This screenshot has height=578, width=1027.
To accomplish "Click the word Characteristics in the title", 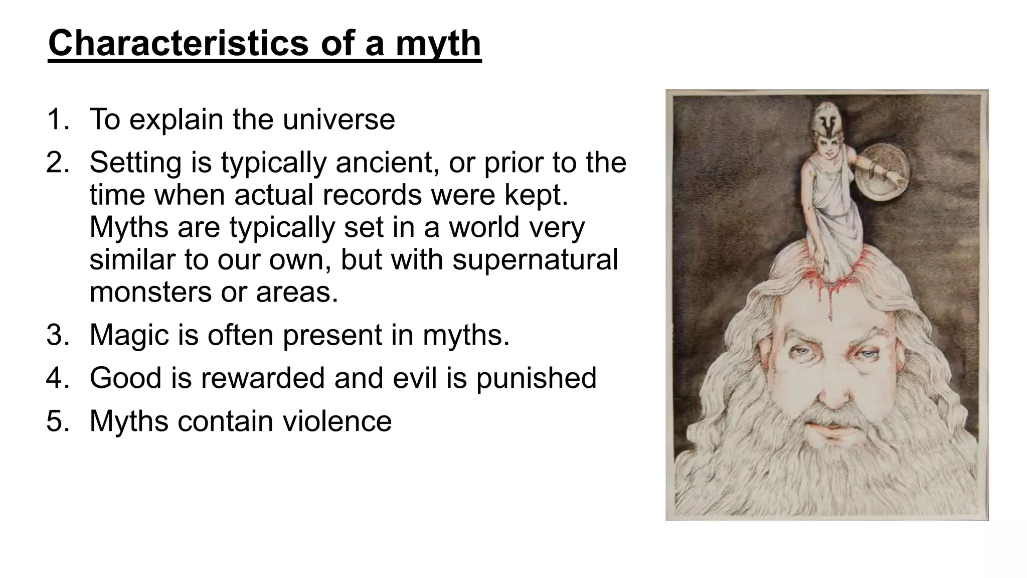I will coord(178,44).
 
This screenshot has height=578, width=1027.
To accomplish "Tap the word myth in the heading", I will coord(438,44).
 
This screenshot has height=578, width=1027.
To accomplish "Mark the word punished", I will coord(536,378).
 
